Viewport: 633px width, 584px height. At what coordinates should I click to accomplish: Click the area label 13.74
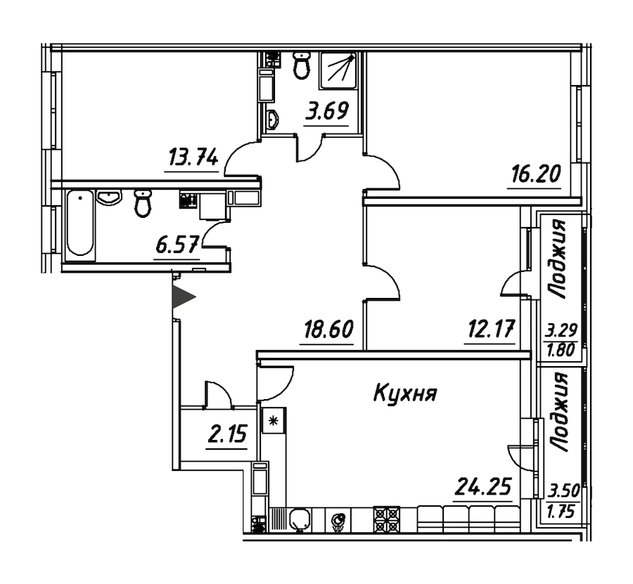coord(193,157)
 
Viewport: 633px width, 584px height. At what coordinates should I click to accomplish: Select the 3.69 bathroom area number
coord(326,111)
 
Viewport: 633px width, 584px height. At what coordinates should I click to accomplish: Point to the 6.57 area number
coord(177,245)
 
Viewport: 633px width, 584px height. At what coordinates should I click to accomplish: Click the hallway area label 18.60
coord(328,330)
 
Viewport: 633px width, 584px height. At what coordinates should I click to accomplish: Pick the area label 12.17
coord(491,329)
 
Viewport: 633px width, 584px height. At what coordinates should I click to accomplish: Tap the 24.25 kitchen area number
coord(483,486)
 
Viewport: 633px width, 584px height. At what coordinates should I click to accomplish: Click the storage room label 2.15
coord(226,434)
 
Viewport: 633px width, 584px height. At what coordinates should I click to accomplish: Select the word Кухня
coord(405,394)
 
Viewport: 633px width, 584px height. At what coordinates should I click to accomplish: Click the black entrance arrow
coord(182,297)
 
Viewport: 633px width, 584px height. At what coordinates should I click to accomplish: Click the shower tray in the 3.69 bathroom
coord(339,70)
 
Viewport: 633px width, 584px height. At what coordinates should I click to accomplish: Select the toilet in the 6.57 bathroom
coord(142,203)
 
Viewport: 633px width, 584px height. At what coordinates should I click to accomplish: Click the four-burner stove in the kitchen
coord(387,519)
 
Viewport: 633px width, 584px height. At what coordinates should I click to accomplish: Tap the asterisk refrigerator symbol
coord(274,421)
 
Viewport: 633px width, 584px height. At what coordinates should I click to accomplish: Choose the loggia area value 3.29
coord(561,332)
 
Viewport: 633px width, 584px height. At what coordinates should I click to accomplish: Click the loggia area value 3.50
coord(563,491)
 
